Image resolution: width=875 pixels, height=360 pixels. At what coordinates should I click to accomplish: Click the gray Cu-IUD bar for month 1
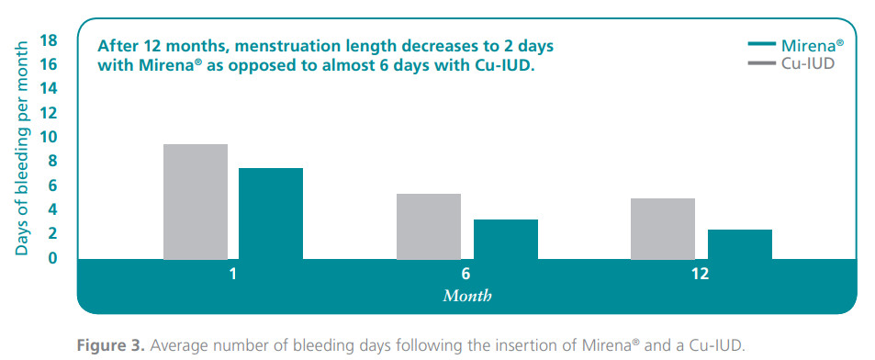point(196,202)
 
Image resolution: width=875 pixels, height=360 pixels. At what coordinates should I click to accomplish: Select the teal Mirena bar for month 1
point(271,214)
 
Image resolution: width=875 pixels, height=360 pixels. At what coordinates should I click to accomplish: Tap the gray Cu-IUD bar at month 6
point(429,227)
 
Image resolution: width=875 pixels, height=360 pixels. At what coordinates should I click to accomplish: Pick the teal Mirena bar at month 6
point(506,240)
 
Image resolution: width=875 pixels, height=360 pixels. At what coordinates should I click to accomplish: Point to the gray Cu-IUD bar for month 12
point(663,229)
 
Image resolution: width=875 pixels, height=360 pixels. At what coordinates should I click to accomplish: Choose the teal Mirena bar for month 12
point(740,244)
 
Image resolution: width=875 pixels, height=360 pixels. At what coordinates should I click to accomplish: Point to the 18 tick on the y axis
point(49,40)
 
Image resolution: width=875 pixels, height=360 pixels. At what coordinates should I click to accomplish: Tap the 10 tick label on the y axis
point(49,138)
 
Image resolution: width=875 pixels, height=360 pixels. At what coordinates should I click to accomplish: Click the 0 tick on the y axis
point(53,258)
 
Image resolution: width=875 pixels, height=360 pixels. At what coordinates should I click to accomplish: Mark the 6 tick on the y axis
point(53,186)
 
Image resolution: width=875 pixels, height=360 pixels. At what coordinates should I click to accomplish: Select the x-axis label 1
point(232,274)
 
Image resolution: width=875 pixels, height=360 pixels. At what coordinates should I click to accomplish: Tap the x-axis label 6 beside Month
point(466,274)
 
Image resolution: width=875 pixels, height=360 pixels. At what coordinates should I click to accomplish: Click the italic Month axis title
point(467,296)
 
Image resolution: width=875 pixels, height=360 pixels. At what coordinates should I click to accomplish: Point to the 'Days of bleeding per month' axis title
point(21,148)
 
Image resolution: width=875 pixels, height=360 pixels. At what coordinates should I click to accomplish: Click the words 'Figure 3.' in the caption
point(111,345)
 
